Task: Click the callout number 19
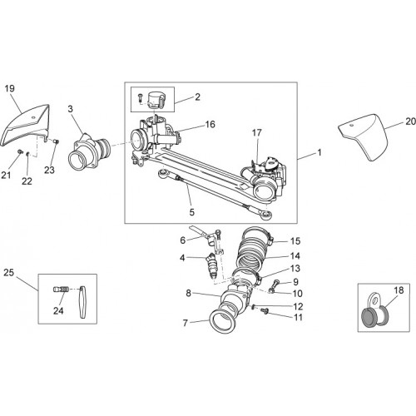tap(9, 88)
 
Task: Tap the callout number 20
tap(410, 121)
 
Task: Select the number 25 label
tap(8, 273)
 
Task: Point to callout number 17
tap(257, 133)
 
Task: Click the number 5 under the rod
tap(192, 212)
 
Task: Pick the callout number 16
tap(210, 124)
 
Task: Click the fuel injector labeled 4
tap(212, 265)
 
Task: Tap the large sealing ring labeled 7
tap(222, 321)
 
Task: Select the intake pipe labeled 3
tap(89, 151)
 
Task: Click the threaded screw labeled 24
tap(61, 290)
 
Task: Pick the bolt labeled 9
tap(277, 283)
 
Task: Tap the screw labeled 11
tap(265, 310)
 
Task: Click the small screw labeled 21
tap(20, 151)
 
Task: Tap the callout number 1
tap(319, 152)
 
